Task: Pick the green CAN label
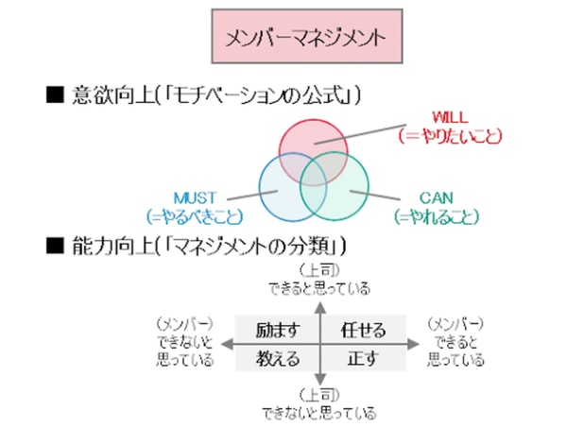(x=437, y=197)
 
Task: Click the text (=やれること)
(x=437, y=215)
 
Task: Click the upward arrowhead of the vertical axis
(x=320, y=306)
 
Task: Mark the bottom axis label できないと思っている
(x=320, y=412)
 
